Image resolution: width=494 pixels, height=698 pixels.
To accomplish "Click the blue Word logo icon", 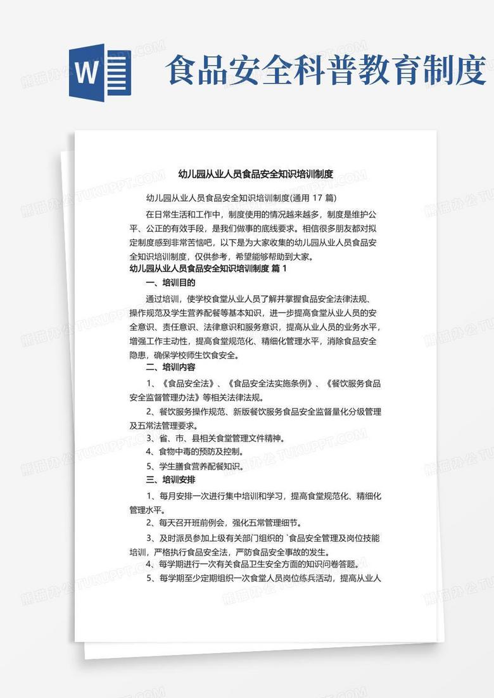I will tap(100, 70).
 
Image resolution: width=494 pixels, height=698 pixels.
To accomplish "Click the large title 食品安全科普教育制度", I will tap(325, 70).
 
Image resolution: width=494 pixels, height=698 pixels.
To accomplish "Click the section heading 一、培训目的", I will tap(170, 282).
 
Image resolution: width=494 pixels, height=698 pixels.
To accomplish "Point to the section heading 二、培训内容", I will tap(170, 367).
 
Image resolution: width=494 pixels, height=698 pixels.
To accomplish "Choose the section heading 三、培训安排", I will tap(170, 479).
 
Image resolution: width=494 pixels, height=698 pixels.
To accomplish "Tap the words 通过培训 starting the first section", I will tap(163, 299).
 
